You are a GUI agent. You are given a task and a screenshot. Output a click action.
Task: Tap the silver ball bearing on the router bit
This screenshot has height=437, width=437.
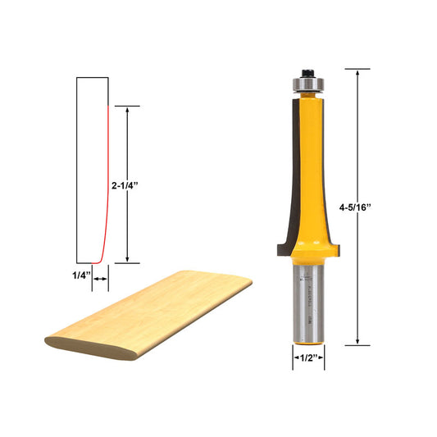[306, 83]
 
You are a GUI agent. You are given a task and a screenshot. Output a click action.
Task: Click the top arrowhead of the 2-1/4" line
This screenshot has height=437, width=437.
[126, 109]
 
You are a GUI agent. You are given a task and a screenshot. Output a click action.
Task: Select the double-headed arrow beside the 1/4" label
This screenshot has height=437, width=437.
[101, 280]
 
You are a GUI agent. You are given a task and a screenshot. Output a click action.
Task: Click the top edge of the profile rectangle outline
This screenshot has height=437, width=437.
[92, 77]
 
